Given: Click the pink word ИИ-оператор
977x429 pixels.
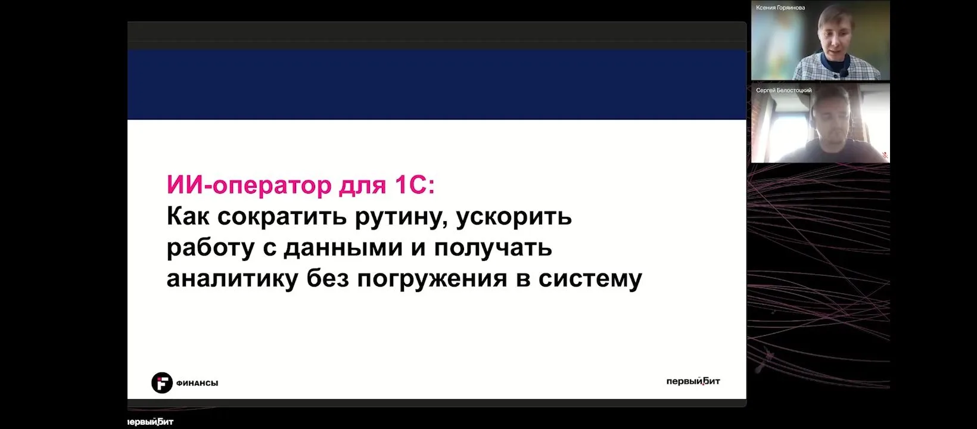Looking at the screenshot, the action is (x=249, y=185).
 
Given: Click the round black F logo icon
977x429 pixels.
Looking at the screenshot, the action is (x=162, y=383).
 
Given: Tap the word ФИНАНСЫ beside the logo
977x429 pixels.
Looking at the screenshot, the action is (x=197, y=383).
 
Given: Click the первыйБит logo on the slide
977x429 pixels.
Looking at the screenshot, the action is (x=693, y=381).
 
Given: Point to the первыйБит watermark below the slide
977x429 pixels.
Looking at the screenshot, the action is (x=151, y=422).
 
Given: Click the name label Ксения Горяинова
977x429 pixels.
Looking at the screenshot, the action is (x=780, y=7).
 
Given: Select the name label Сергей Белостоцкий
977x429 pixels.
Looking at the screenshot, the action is (x=784, y=91).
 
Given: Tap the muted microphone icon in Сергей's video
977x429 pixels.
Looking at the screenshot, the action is (x=885, y=154).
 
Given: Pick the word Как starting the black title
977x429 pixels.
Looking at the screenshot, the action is (x=188, y=216).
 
